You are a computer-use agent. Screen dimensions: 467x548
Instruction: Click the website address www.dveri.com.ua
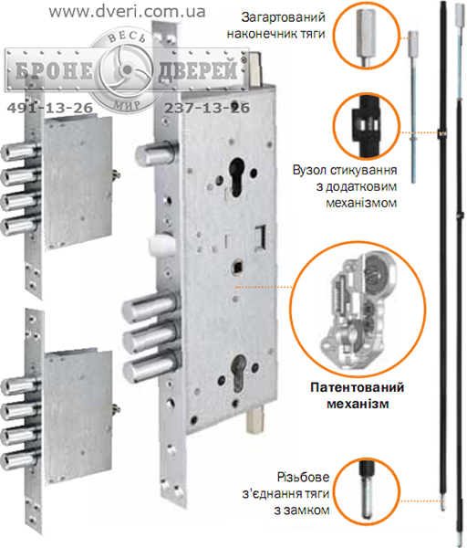127,12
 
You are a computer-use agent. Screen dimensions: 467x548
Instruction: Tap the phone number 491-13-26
50,108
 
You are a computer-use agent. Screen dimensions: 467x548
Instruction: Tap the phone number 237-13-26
207,108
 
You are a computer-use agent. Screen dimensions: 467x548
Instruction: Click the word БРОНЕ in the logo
54,71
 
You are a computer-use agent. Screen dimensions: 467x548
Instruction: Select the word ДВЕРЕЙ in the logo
198,70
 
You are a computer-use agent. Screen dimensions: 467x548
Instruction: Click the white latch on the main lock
161,245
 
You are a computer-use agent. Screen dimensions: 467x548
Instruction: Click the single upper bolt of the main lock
156,155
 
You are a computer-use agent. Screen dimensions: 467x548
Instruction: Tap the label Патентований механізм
358,395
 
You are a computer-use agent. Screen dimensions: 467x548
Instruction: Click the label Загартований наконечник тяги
276,26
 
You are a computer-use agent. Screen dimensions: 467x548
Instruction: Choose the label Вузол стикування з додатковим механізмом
345,186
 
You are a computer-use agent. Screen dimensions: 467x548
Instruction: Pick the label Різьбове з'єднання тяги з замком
285,493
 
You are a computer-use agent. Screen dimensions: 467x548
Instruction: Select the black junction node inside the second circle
366,126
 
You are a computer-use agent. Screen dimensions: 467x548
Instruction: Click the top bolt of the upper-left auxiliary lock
20,153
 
